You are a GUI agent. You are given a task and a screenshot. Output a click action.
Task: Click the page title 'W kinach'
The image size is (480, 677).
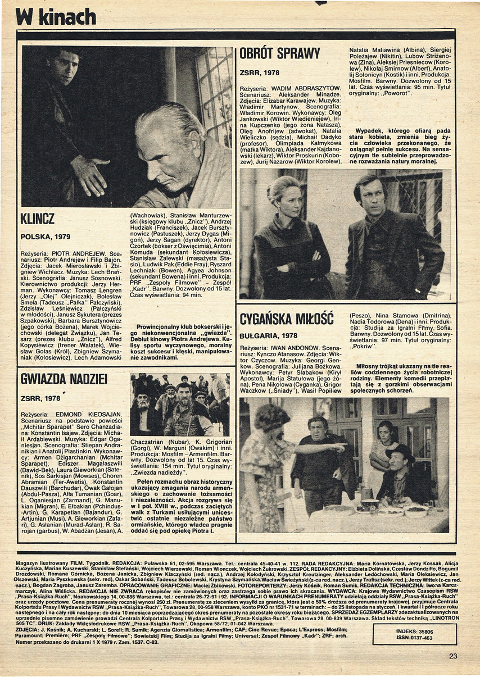pyautogui.click(x=56, y=17)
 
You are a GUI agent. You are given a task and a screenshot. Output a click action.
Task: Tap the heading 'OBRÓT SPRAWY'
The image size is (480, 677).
pyautogui.click(x=279, y=54)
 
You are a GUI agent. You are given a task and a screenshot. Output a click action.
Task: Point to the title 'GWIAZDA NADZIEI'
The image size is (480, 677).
pyautogui.click(x=64, y=379)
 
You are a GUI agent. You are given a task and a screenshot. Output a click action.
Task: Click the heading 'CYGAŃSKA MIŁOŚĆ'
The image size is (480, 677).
pyautogui.click(x=287, y=319)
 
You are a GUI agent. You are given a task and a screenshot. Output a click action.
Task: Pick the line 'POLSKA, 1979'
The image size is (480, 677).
pyautogui.click(x=45, y=237)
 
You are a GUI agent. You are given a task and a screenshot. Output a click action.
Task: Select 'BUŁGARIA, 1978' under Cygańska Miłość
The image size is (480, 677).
pyautogui.click(x=268, y=336)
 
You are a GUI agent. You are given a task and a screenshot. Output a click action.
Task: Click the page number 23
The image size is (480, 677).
pyautogui.click(x=453, y=656)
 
